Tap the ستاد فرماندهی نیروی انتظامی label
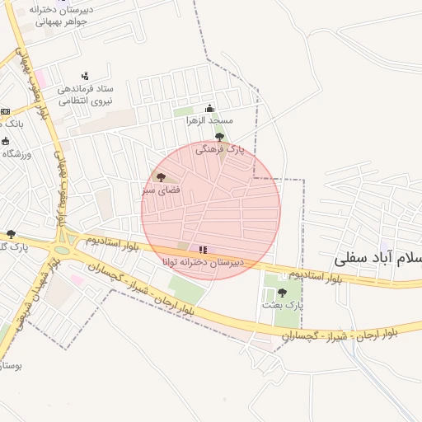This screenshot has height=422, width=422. (x=85, y=95)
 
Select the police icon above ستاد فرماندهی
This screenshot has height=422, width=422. (x=85, y=76)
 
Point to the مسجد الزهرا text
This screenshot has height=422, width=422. (x=209, y=121)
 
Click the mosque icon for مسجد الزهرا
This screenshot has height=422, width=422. (x=209, y=108)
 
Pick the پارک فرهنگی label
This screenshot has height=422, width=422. (x=220, y=150)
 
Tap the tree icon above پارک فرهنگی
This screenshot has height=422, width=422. (x=219, y=137)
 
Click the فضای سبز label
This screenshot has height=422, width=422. (x=159, y=190)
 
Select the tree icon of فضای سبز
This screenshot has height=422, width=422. (x=161, y=177)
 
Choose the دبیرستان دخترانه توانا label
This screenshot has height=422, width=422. (x=203, y=262)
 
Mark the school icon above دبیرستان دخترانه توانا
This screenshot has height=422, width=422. (x=203, y=250)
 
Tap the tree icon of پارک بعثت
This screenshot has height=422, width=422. (x=283, y=292)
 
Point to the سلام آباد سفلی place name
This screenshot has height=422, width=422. (x=379, y=258)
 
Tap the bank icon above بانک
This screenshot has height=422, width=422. (x=5, y=111)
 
